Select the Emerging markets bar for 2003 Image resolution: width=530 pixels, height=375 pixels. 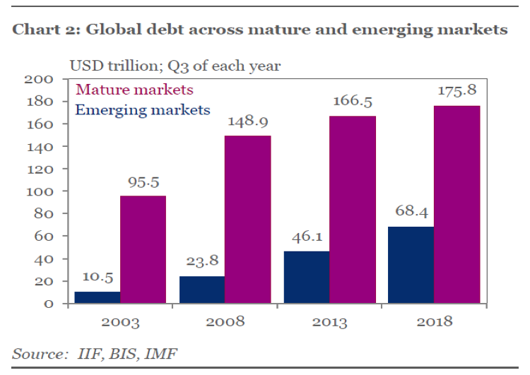[97, 297]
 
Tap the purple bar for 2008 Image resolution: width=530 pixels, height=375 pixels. [247, 220]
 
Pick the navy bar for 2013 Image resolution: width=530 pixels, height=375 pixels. [307, 277]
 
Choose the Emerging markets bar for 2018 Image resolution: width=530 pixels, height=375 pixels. [411, 265]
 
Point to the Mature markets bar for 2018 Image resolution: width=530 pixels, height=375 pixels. [457, 205]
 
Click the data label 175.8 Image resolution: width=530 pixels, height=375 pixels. [456, 91]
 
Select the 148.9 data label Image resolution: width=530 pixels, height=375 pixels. [247, 121]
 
